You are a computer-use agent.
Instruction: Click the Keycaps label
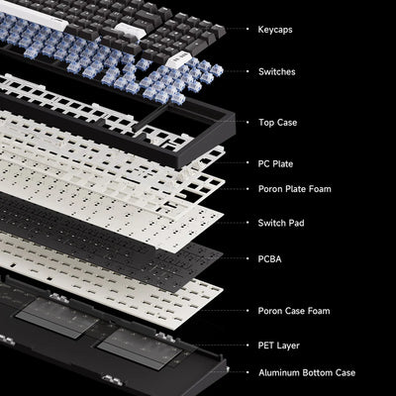point(274,31)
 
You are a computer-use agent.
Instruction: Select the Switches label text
point(275,71)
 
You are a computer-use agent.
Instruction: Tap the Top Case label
point(276,122)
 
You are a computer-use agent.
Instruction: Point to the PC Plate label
point(274,162)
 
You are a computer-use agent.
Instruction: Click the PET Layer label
point(278,346)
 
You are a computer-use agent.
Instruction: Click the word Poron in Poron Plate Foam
point(271,188)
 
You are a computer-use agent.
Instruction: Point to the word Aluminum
point(280,372)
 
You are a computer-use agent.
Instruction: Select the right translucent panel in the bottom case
point(138,346)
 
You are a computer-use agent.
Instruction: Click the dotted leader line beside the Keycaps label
point(237,31)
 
